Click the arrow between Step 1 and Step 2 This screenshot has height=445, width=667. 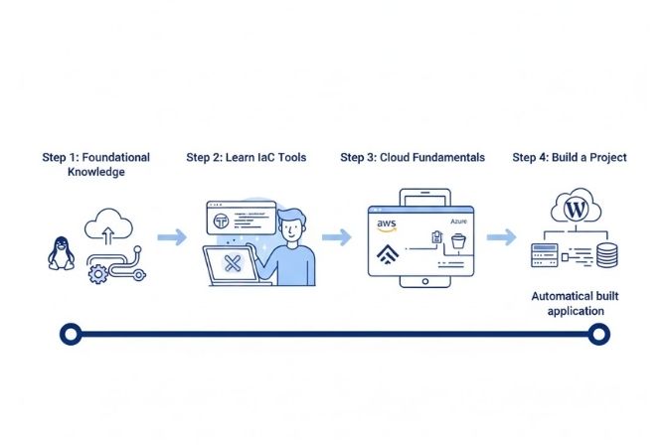[x=172, y=237]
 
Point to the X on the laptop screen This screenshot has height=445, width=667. [x=233, y=263]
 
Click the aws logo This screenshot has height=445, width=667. [x=388, y=225]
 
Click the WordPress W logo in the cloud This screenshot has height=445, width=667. [x=574, y=210]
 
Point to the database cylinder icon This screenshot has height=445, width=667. [x=605, y=255]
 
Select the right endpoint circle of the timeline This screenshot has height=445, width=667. [x=597, y=335]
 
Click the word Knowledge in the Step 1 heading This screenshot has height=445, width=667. [x=96, y=173]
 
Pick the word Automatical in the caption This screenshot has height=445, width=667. [x=564, y=296]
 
